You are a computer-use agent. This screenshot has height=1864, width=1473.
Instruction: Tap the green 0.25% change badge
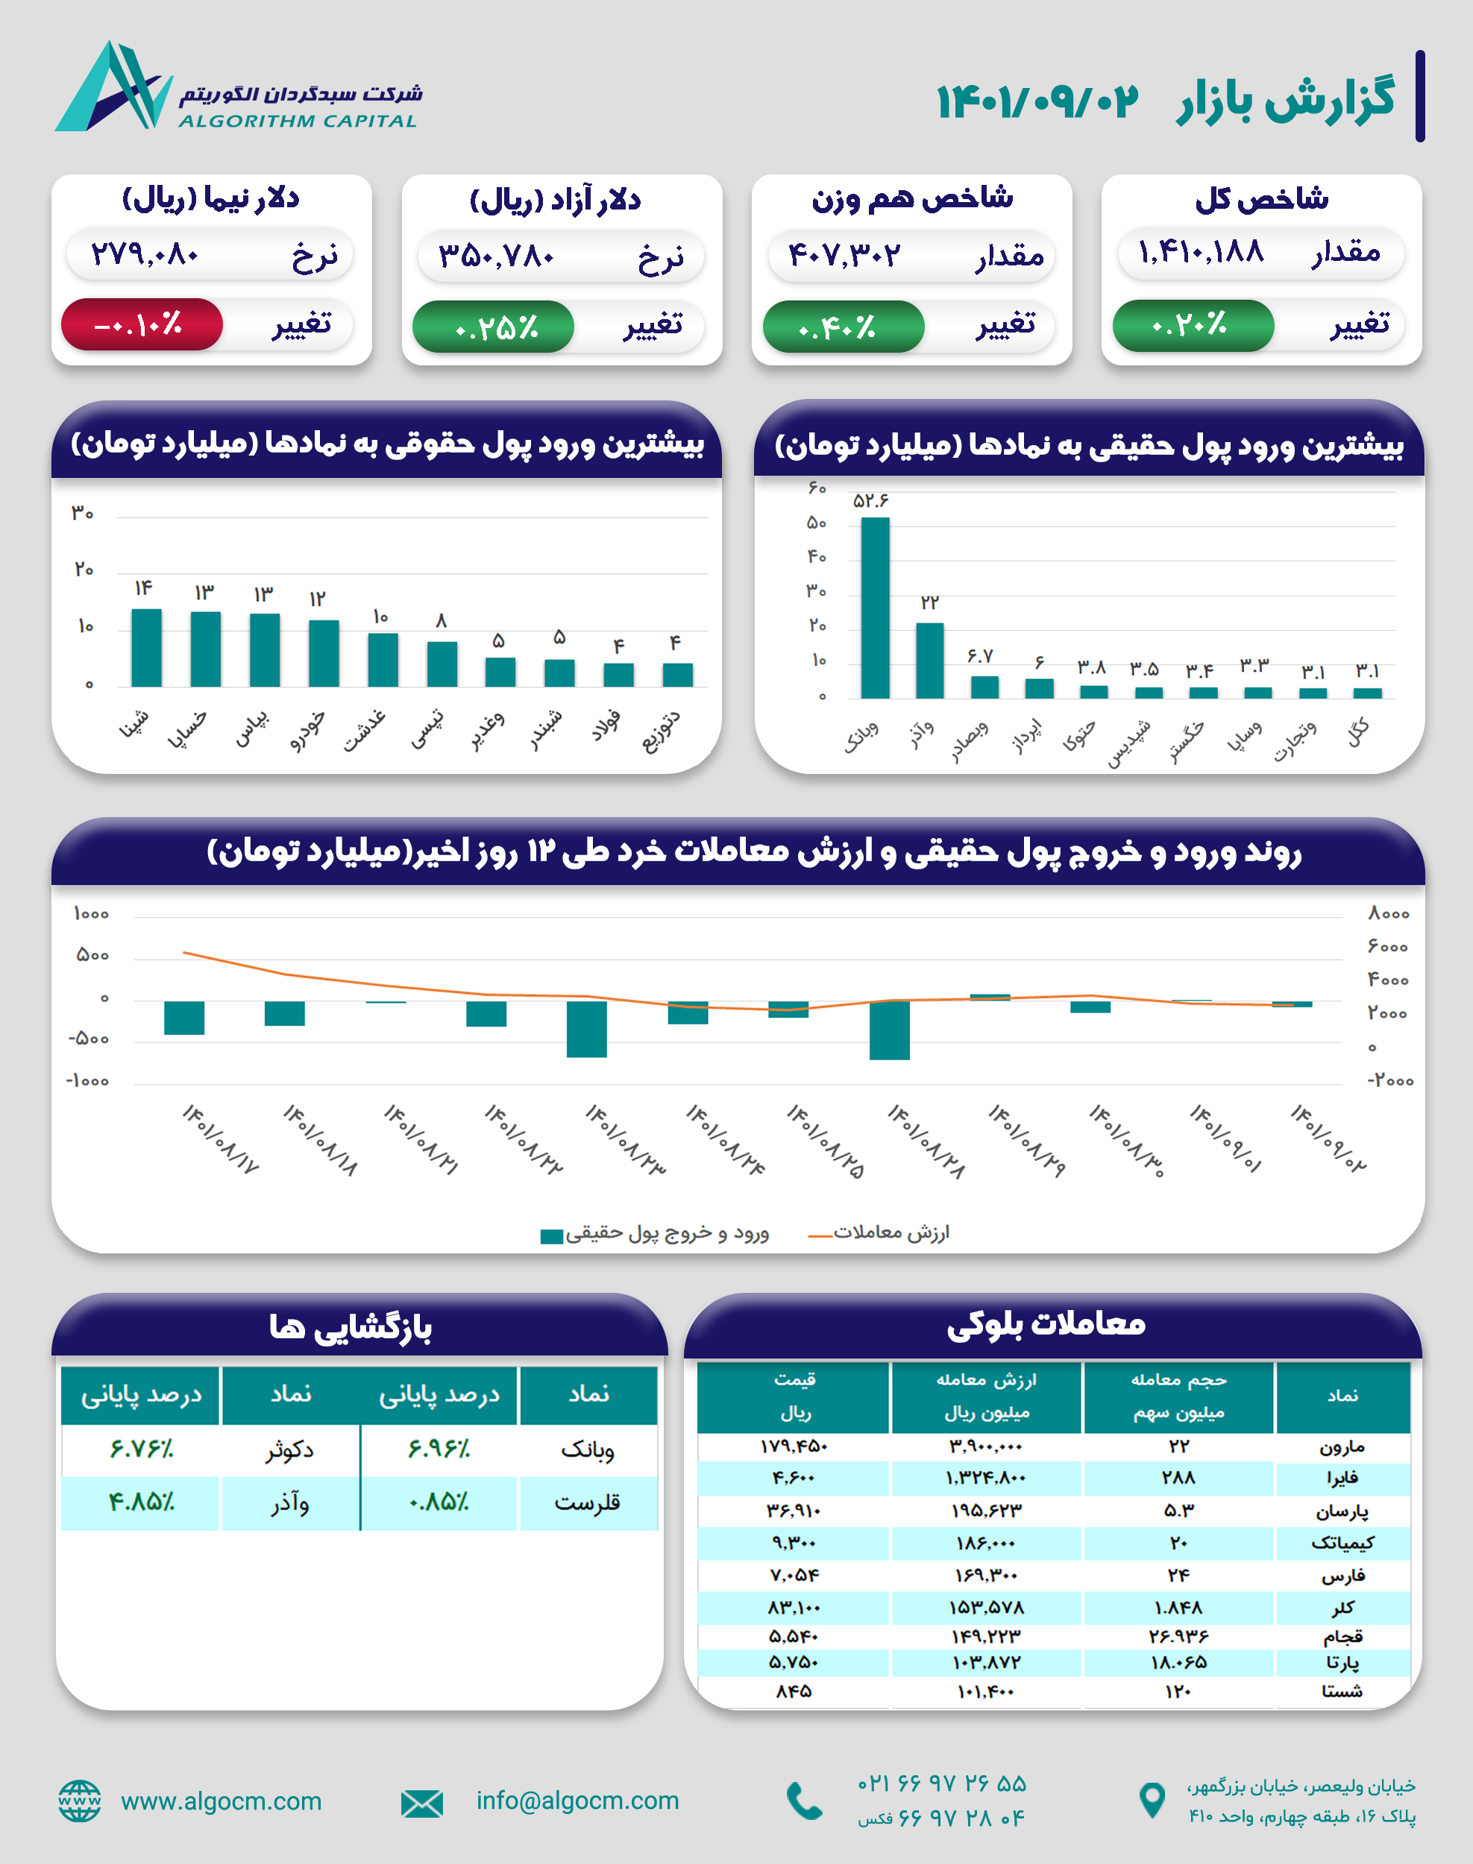click(x=493, y=327)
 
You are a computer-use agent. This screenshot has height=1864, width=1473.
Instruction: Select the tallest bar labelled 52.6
click(x=875, y=607)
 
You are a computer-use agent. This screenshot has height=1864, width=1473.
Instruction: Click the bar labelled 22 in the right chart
click(x=929, y=660)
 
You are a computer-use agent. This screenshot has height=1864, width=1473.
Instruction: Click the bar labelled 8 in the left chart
click(x=442, y=664)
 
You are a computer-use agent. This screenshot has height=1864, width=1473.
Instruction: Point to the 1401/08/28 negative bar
click(x=889, y=1030)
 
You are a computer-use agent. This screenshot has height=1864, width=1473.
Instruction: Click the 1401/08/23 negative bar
click(x=586, y=1029)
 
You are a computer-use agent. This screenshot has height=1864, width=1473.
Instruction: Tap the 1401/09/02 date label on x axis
click(x=1328, y=1138)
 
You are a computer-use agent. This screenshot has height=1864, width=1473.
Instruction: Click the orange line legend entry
click(x=879, y=1233)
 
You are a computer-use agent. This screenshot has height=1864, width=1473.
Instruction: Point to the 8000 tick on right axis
click(x=1388, y=914)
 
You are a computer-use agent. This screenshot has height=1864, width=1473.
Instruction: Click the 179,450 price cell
click(x=794, y=1446)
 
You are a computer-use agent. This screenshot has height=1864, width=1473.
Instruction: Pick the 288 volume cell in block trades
click(x=1178, y=1478)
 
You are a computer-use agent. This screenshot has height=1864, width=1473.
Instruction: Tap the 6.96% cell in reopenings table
click(x=439, y=1449)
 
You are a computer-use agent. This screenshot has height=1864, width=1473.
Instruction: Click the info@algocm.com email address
click(x=578, y=1800)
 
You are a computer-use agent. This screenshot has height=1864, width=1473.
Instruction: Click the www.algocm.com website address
click(x=221, y=1801)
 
